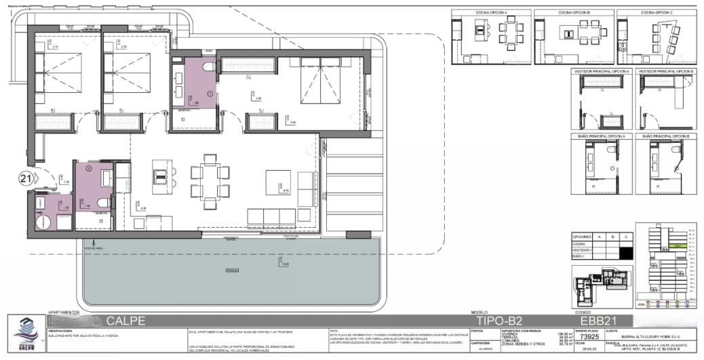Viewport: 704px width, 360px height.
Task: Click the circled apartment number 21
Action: click(26, 179)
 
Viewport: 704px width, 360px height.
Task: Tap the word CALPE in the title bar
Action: click(125, 321)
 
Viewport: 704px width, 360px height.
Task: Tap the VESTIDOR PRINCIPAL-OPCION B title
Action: click(665, 71)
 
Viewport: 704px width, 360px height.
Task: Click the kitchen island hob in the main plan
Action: click(161, 175)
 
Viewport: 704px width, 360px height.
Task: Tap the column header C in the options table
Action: click(626, 237)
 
